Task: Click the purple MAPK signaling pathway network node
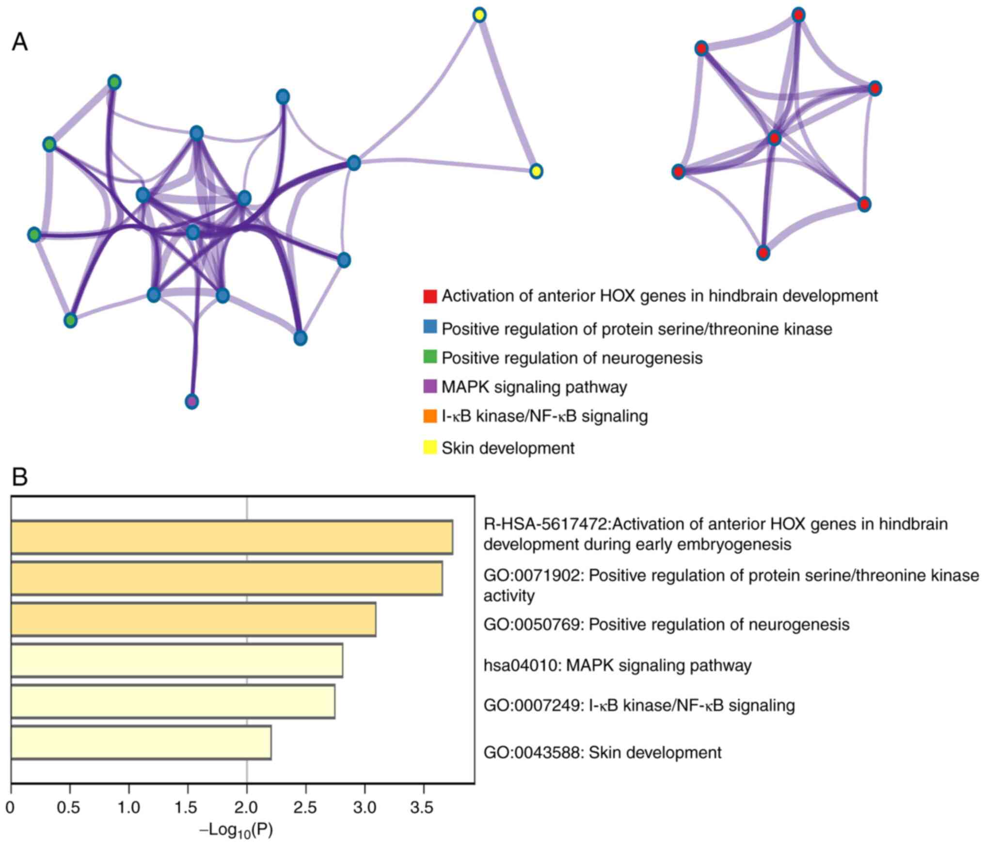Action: click(192, 401)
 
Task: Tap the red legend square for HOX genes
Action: click(429, 296)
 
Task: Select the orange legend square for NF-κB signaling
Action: click(429, 416)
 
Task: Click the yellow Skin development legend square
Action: click(429, 447)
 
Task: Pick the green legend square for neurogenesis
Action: click(429, 357)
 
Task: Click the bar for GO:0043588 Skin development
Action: click(141, 742)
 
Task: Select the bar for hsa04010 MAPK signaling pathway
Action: click(176, 660)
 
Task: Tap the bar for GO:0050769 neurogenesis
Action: click(193, 620)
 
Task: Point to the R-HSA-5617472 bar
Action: click(231, 537)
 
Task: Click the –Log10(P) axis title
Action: click(237, 830)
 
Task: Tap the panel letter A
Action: click(20, 42)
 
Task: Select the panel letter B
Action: click(20, 477)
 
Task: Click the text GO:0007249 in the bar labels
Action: click(531, 705)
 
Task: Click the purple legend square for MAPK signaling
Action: click(429, 386)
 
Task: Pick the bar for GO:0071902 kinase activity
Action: click(226, 578)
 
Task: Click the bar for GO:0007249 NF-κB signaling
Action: click(173, 702)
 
